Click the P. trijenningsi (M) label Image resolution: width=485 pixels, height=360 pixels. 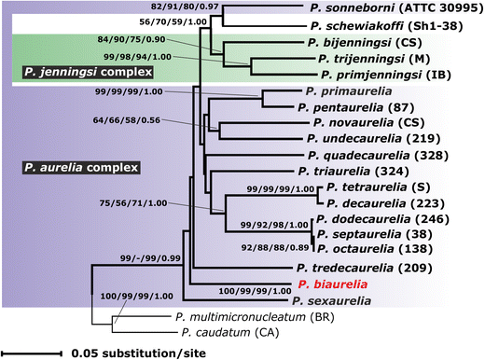click(x=367, y=59)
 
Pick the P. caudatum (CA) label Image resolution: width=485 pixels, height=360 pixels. click(x=229, y=333)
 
